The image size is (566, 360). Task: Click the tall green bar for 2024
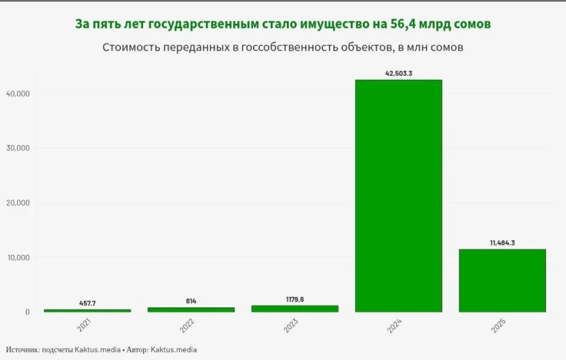click(x=398, y=196)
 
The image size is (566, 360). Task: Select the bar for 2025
click(x=503, y=280)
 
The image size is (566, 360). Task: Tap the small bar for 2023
click(x=294, y=309)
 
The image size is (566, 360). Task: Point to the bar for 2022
click(x=190, y=309)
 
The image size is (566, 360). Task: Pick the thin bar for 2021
click(x=87, y=310)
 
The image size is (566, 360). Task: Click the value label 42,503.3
click(x=398, y=73)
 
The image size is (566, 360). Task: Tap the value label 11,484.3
click(x=503, y=243)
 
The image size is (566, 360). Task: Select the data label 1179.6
click(x=294, y=299)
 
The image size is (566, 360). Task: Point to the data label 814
click(x=190, y=301)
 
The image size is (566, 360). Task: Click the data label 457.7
click(x=87, y=303)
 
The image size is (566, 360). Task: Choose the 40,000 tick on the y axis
click(x=18, y=94)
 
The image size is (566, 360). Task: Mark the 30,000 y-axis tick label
click(x=18, y=148)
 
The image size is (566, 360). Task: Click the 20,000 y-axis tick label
click(x=18, y=203)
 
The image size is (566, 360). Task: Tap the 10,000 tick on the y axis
click(x=18, y=258)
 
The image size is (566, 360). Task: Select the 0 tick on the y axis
click(x=27, y=312)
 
